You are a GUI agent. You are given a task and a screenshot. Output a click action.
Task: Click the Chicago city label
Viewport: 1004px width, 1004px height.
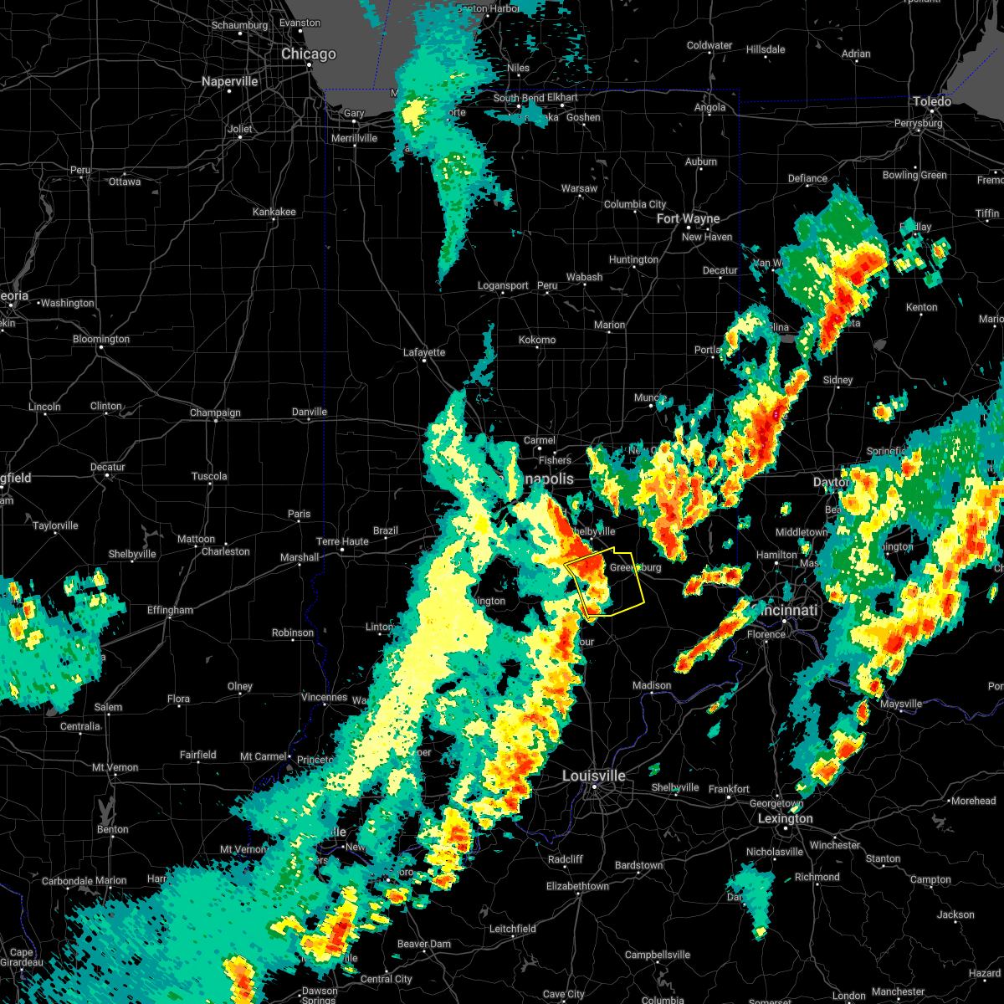pos(308,54)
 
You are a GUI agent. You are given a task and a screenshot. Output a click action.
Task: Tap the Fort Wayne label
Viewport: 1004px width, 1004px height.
pos(688,219)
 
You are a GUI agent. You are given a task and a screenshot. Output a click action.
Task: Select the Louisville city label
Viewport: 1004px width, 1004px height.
pos(593,776)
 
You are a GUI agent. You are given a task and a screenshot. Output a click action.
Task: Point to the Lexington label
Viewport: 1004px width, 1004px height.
pos(785,818)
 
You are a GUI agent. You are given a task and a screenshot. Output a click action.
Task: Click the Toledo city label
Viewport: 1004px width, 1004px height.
pos(931,102)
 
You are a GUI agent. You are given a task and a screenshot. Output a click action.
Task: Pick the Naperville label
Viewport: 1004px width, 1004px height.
pos(230,82)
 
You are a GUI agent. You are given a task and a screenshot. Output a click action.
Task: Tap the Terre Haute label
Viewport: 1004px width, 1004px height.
pos(342,541)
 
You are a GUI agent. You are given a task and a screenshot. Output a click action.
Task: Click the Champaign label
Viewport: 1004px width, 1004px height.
pos(215,412)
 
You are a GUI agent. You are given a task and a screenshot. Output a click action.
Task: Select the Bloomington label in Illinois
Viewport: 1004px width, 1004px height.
pos(101,340)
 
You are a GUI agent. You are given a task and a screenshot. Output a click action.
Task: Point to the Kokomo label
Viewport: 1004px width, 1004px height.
pos(537,340)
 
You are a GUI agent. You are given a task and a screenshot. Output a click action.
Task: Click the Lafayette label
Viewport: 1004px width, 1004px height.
pos(424,352)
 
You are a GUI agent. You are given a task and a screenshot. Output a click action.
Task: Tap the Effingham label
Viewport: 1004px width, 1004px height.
pos(170,611)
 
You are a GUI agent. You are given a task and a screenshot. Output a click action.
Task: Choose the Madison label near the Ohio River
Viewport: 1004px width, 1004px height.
pos(652,686)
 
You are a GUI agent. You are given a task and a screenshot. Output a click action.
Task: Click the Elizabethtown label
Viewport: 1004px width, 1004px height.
pos(577,886)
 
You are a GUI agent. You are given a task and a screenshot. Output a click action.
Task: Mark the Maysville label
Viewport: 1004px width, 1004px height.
pos(901,704)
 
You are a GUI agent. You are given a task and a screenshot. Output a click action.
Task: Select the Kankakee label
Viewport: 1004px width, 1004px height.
pos(274,212)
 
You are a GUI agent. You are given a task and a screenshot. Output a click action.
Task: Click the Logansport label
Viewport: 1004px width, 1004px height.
pos(503,286)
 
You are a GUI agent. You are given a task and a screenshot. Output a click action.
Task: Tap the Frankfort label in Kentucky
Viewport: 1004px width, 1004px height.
pos(729,789)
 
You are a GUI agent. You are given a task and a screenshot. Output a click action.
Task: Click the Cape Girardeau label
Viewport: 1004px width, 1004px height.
pos(22,958)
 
